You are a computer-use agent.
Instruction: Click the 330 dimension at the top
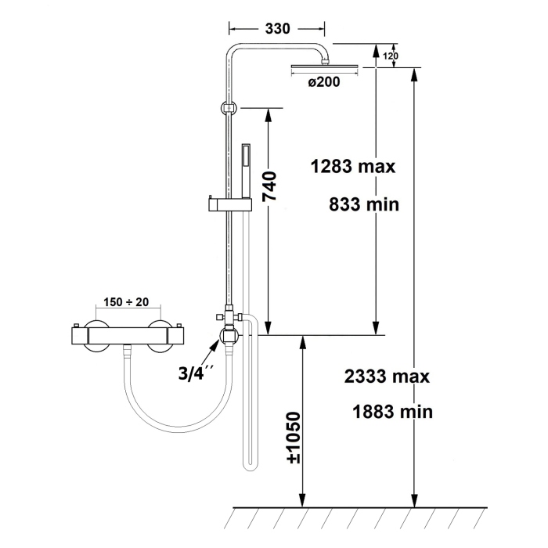(277, 28)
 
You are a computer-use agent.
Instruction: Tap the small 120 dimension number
(391, 56)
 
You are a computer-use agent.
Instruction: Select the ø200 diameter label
(324, 82)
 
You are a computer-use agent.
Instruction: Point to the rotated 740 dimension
(270, 186)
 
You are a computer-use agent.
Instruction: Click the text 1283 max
(352, 166)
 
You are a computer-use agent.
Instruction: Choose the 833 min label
(364, 204)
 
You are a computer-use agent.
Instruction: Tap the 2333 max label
(387, 377)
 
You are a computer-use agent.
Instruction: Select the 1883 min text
(392, 411)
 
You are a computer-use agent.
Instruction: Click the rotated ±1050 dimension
(294, 438)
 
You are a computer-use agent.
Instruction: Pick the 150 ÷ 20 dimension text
(126, 302)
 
